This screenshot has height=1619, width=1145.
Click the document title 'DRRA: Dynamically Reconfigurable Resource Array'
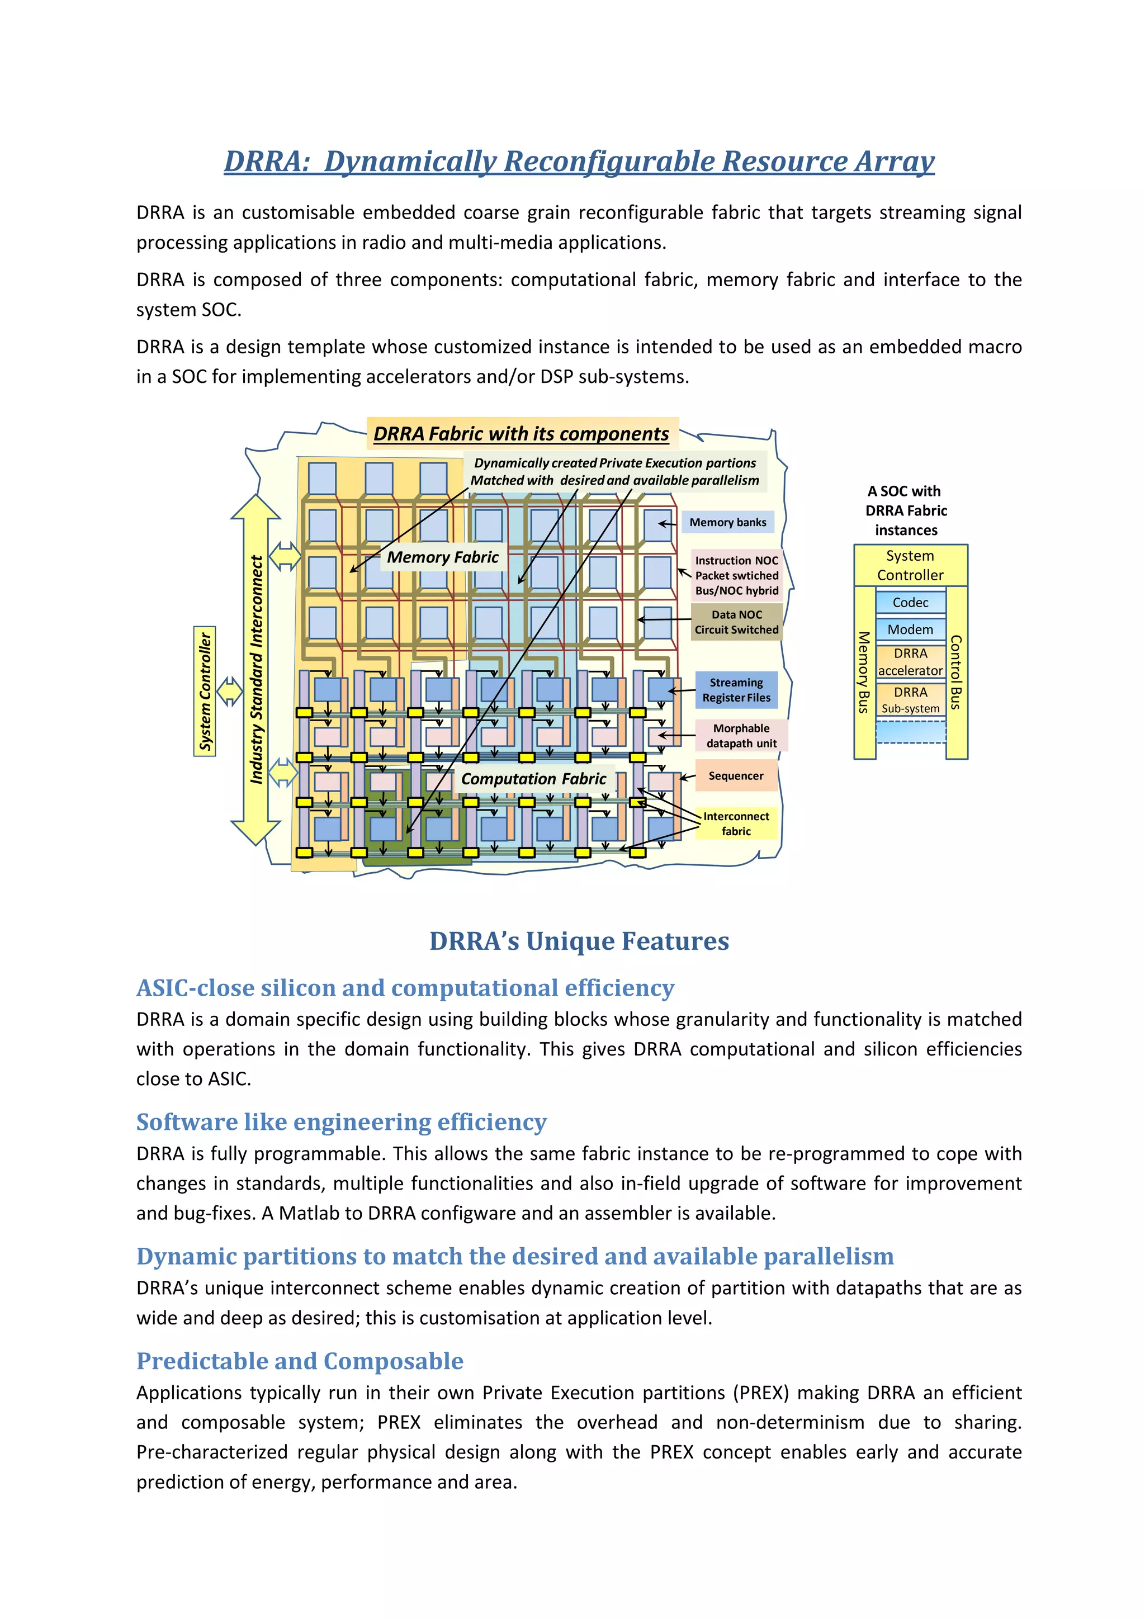coord(579,162)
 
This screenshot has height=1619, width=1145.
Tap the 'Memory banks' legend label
coord(727,523)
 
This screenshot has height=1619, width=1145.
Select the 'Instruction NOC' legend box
coord(737,575)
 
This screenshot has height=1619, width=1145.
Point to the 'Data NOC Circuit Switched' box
coord(737,622)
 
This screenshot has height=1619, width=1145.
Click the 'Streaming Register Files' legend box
coord(736,690)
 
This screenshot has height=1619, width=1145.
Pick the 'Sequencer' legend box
coord(736,775)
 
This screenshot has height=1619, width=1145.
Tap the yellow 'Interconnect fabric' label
coord(736,823)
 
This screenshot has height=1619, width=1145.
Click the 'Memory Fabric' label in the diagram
coord(443,557)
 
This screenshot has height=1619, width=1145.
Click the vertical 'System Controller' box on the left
coord(205,691)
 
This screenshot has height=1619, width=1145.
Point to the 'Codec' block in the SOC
coord(910,602)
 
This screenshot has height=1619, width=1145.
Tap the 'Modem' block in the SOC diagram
coord(910,629)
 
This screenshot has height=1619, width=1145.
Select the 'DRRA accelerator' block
coord(910,661)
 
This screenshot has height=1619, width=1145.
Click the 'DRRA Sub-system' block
coord(910,700)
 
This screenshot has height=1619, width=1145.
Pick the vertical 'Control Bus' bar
coord(956,672)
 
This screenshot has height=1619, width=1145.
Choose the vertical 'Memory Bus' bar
coord(864,672)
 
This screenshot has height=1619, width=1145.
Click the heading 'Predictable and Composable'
coord(300,1360)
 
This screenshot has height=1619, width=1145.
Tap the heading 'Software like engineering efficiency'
coord(341,1121)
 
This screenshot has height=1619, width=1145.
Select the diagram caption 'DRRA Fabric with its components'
coord(521,434)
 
